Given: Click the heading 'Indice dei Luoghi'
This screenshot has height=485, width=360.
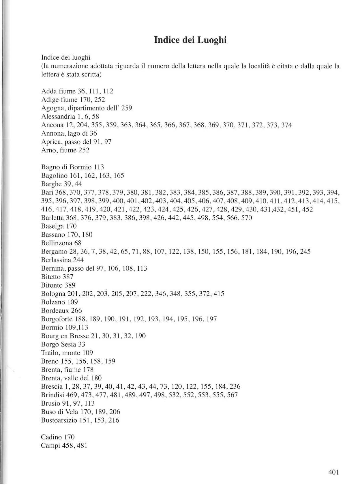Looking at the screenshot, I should coord(190,40).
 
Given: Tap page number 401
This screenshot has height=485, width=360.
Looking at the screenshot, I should coord(333,472).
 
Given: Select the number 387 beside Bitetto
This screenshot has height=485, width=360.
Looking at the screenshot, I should coord(68,277).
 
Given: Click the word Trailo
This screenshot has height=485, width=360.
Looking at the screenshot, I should coord(49,353).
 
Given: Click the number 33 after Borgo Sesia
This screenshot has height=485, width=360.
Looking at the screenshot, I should coord(82,344).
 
